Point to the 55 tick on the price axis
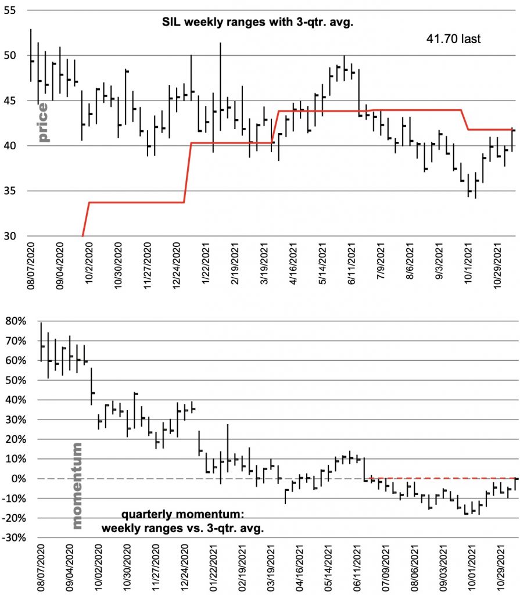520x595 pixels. click(9, 11)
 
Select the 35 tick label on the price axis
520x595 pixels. click(9, 191)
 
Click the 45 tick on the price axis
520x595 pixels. click(9, 101)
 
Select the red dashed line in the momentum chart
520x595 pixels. click(442, 478)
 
